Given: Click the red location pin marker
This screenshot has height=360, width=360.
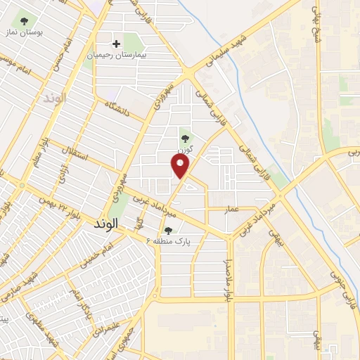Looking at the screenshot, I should coord(181,166).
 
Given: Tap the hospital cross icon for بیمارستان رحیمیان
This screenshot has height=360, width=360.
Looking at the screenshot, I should coord(117,44).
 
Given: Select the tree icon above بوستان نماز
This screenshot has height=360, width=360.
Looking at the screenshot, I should coord(25,21).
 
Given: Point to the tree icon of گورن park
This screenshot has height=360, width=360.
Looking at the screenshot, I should coord(185,138).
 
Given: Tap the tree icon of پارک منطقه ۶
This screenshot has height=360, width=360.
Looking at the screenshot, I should coord(167,230).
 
